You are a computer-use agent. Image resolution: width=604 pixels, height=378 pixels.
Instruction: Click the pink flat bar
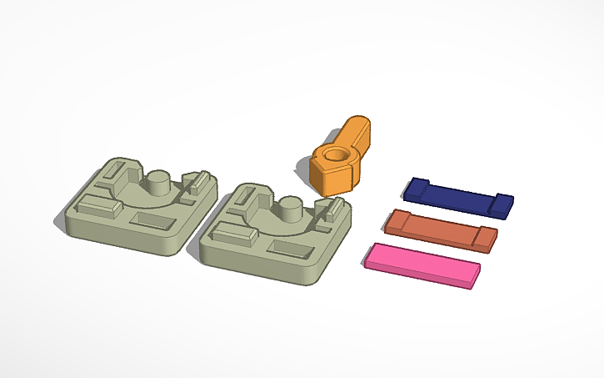pyautogui.click(x=422, y=264)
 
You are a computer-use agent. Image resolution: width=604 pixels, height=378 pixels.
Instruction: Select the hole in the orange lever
pyautogui.click(x=337, y=154)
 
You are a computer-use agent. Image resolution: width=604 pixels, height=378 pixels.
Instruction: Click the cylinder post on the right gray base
pyautogui.click(x=290, y=209)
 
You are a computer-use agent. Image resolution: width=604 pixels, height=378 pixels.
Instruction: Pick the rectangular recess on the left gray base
pyautogui.click(x=152, y=219)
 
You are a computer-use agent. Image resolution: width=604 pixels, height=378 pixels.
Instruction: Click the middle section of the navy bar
pyautogui.click(x=458, y=197)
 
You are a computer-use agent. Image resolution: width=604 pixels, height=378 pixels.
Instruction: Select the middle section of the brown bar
pyautogui.click(x=440, y=229)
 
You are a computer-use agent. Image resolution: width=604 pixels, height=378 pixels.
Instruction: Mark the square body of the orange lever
pyautogui.click(x=332, y=174)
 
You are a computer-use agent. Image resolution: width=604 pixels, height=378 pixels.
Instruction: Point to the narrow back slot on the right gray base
pyautogui.click(x=237, y=204)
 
